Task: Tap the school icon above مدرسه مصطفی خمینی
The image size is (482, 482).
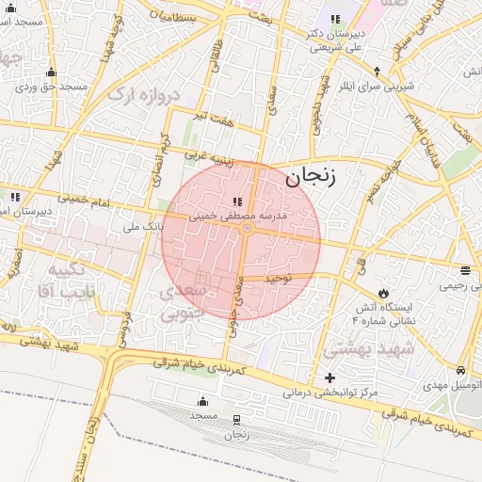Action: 236,201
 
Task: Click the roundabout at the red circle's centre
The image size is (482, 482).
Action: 247,229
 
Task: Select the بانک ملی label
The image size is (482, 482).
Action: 143,227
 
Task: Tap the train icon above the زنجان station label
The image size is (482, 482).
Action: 236,420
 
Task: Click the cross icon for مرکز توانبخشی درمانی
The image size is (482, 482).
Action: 329,378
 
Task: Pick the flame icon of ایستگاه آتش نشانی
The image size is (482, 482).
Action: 383,291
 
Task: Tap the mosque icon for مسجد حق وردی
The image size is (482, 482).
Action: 51,72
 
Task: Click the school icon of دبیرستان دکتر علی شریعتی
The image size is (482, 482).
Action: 334,20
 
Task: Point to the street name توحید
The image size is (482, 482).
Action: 280,279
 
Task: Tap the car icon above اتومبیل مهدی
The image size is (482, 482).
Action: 460,370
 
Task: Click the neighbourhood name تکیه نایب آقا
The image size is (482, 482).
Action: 58,281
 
